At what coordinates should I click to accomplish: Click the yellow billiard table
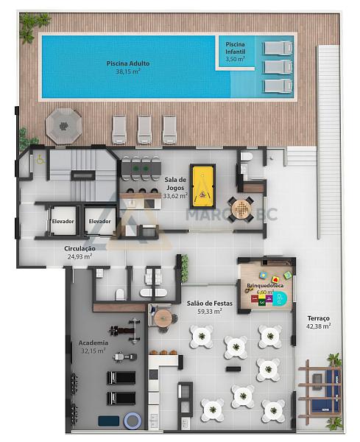point(202,186)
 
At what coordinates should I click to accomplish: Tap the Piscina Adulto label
point(128,63)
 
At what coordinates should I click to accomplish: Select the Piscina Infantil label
point(235,48)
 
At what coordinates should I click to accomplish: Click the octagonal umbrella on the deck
point(63,126)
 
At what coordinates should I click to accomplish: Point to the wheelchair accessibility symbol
point(40,161)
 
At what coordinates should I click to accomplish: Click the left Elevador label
point(63,221)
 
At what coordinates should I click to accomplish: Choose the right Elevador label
point(99,221)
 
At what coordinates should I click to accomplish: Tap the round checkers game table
point(241,209)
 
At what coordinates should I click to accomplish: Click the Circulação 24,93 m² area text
point(80,252)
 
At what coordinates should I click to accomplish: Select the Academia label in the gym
point(93,343)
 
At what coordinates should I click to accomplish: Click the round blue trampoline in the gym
point(133,421)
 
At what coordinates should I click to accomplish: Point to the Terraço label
point(318,318)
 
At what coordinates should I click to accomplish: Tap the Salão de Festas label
point(210,304)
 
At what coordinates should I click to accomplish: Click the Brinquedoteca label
point(265,286)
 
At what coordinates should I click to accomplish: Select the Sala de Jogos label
point(175,183)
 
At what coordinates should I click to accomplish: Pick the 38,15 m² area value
point(128,71)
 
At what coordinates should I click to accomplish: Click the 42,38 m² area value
point(318,326)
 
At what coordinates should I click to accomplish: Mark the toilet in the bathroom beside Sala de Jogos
point(247,156)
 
